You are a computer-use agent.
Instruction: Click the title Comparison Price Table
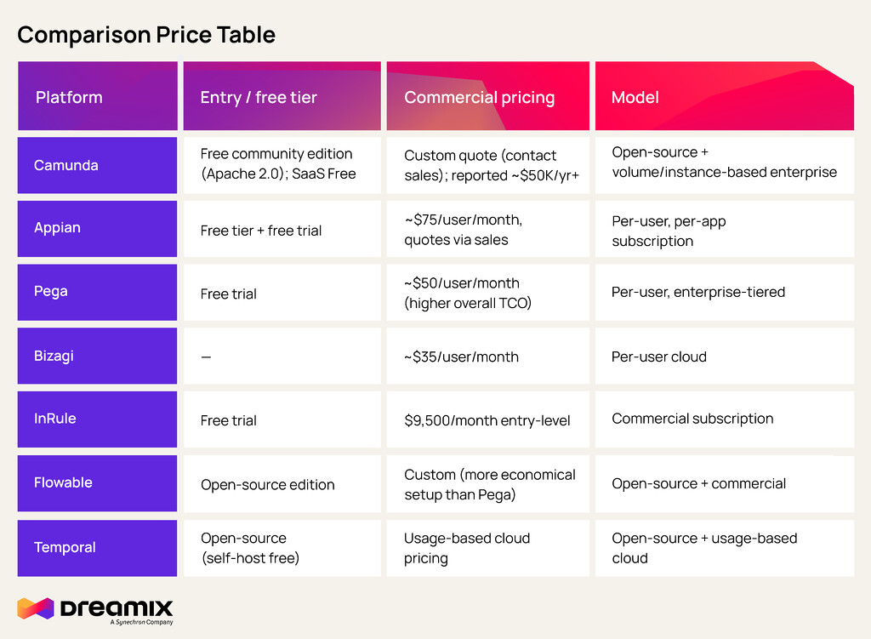point(146,35)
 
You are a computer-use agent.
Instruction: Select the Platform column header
point(69,97)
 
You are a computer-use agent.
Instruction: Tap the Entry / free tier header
point(259,97)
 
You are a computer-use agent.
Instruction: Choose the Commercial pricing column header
point(480,98)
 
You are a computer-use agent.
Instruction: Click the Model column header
point(635,97)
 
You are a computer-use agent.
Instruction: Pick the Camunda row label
point(66,165)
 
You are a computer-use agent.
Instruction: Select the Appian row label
point(57,228)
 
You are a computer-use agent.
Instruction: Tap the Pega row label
point(50,291)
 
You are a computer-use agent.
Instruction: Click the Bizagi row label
point(54,356)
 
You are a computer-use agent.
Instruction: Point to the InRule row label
point(55,419)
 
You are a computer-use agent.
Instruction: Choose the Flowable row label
point(63,482)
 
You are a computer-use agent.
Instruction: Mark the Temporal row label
point(65,547)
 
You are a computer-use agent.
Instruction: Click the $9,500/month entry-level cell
point(487,420)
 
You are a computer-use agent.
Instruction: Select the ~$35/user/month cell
point(462,357)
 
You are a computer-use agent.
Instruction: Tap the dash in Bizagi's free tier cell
point(206,357)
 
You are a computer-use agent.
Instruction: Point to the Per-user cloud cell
point(659,357)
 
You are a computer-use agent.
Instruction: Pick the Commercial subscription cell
point(692,419)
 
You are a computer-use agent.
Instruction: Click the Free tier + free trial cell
point(261,231)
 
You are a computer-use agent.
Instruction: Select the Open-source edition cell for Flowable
point(268,484)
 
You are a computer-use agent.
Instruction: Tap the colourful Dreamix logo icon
point(36,608)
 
